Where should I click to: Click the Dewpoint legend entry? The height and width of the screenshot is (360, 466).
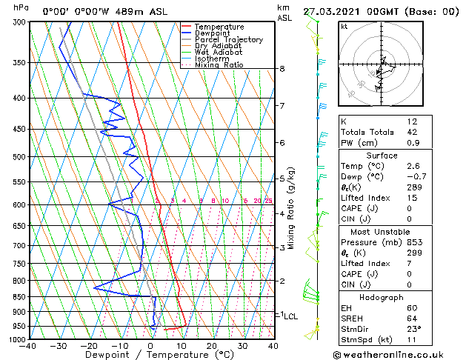[212, 33]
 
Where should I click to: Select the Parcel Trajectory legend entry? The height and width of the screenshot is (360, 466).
[228, 40]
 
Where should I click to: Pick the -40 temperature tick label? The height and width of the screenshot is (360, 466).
[28, 345]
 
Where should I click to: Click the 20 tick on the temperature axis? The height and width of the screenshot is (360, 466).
[211, 345]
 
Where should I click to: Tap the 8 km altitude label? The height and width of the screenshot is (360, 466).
[282, 69]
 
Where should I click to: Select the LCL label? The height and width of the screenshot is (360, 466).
[291, 316]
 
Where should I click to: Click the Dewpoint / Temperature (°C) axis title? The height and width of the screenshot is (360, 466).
[151, 354]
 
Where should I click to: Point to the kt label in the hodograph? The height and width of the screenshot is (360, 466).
[344, 26]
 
